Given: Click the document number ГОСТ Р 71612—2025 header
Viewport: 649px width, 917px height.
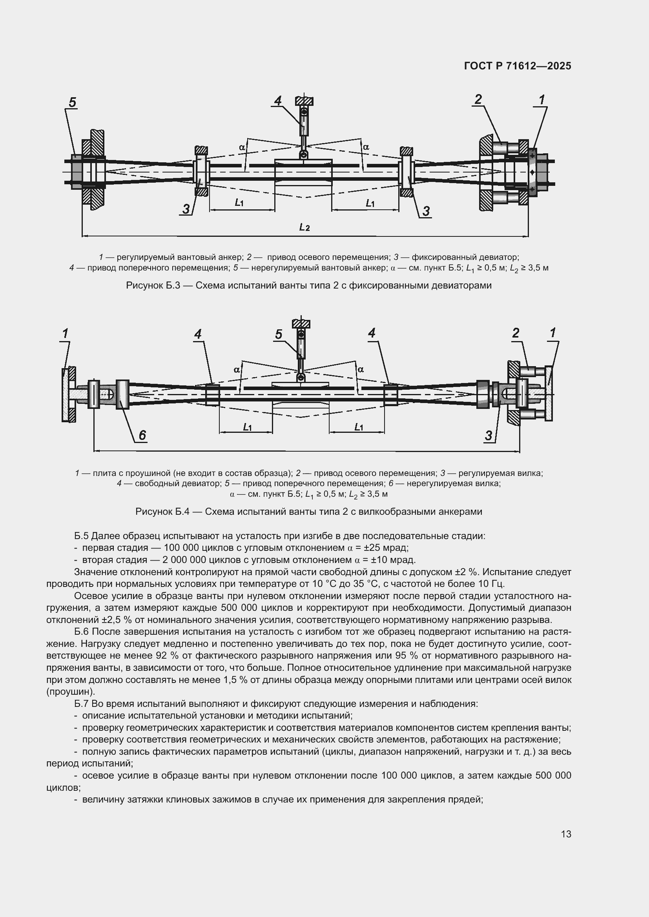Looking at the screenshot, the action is [518, 66].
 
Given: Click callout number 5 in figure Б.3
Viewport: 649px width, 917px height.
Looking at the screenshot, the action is [72, 102].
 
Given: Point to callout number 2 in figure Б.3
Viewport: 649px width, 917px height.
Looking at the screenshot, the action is [478, 99].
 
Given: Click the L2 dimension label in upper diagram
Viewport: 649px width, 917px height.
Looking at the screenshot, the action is [304, 227].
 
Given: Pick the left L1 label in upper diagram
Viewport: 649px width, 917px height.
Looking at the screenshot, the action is [239, 203].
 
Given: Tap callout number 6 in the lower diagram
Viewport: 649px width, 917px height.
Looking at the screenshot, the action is [142, 435].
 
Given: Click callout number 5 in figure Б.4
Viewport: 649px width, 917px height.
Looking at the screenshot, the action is [279, 334].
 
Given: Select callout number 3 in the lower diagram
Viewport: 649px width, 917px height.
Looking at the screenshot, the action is [489, 436].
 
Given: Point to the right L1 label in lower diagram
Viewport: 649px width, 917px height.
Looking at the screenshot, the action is [359, 427].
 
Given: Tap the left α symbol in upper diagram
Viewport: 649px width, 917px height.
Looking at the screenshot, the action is [242, 147].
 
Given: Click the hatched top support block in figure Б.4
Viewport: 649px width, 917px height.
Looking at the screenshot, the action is [301, 323].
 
